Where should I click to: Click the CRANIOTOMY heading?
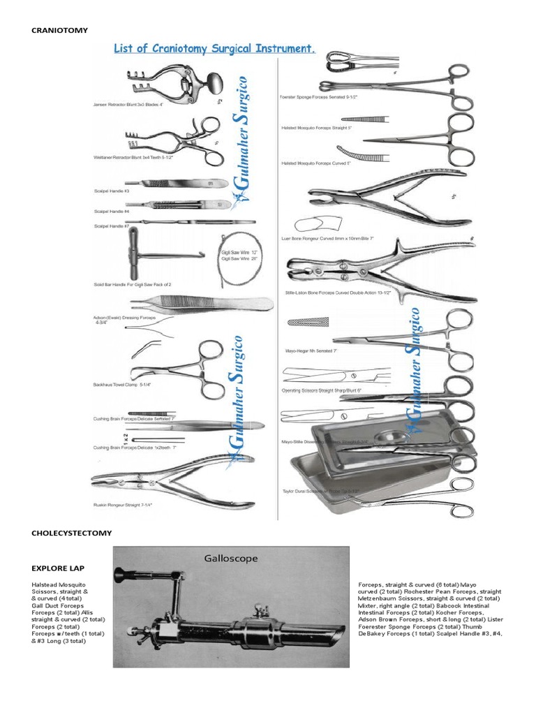tap(59, 30)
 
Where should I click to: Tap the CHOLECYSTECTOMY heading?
tap(71, 533)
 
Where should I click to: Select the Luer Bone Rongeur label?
tap(327, 238)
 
